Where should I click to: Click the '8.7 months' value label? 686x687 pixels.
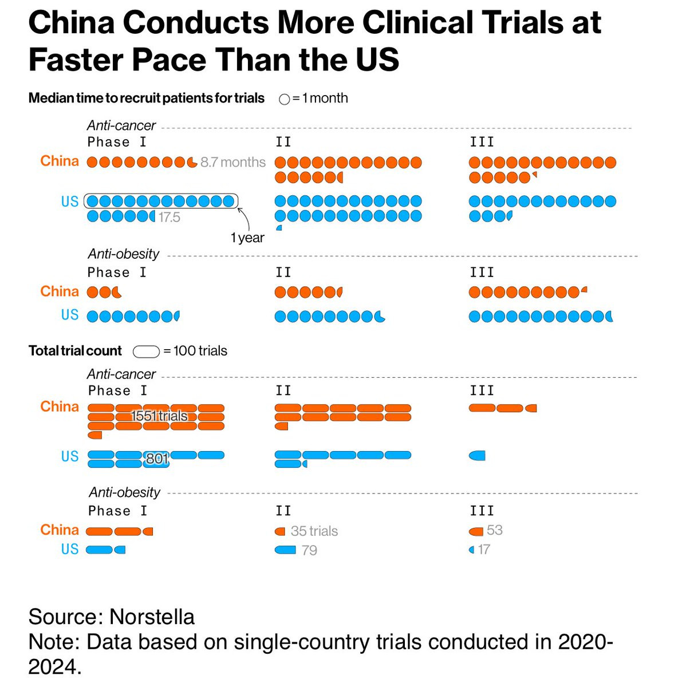(233, 163)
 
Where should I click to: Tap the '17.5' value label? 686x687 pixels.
(169, 218)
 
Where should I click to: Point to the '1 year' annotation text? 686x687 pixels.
(247, 238)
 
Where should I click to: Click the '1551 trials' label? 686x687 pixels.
(159, 416)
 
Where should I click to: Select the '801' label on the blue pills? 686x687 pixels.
(157, 459)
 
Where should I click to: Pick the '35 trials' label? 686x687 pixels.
(314, 531)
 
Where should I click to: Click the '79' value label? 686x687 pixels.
(309, 551)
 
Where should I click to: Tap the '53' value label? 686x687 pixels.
(495, 530)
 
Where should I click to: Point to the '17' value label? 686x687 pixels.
(484, 550)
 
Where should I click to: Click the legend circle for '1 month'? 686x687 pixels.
(284, 99)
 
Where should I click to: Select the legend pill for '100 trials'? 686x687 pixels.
(146, 352)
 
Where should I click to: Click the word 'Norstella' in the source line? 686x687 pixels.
(152, 617)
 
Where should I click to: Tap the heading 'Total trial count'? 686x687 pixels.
(75, 351)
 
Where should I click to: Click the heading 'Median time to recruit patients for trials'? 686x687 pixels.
(146, 98)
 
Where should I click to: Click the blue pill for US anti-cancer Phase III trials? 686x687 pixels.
(477, 456)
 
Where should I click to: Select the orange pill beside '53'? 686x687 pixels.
(476, 531)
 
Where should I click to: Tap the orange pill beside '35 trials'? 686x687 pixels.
(280, 531)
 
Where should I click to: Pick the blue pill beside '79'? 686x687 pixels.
(285, 550)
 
